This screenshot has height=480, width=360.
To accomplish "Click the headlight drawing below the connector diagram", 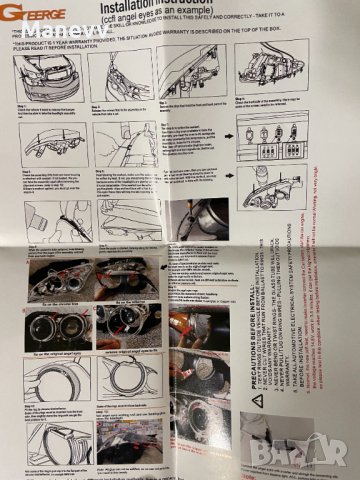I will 272,185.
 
